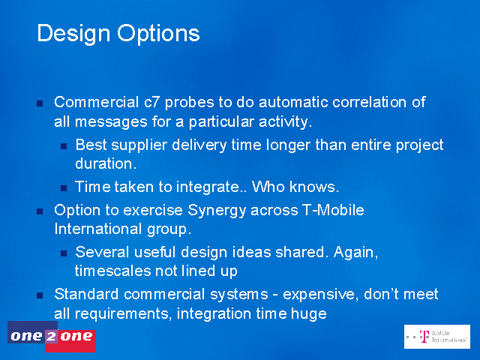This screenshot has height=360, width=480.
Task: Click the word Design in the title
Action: [73, 34]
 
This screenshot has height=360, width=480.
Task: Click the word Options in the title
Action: [158, 34]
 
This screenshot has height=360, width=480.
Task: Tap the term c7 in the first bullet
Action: [151, 102]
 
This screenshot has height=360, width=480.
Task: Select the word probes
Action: [189, 103]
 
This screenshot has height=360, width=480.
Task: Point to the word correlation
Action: [370, 102]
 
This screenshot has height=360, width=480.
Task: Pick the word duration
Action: [106, 163]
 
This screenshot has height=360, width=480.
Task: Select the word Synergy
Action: [217, 211]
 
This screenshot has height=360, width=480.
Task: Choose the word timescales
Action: [112, 271]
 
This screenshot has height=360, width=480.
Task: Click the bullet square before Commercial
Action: [40, 103]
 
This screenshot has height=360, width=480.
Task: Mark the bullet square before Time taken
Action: [64, 188]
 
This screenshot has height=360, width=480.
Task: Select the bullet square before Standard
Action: [40, 295]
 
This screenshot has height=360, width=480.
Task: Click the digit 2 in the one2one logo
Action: [51, 337]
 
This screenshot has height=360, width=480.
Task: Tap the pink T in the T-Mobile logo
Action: [424, 336]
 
